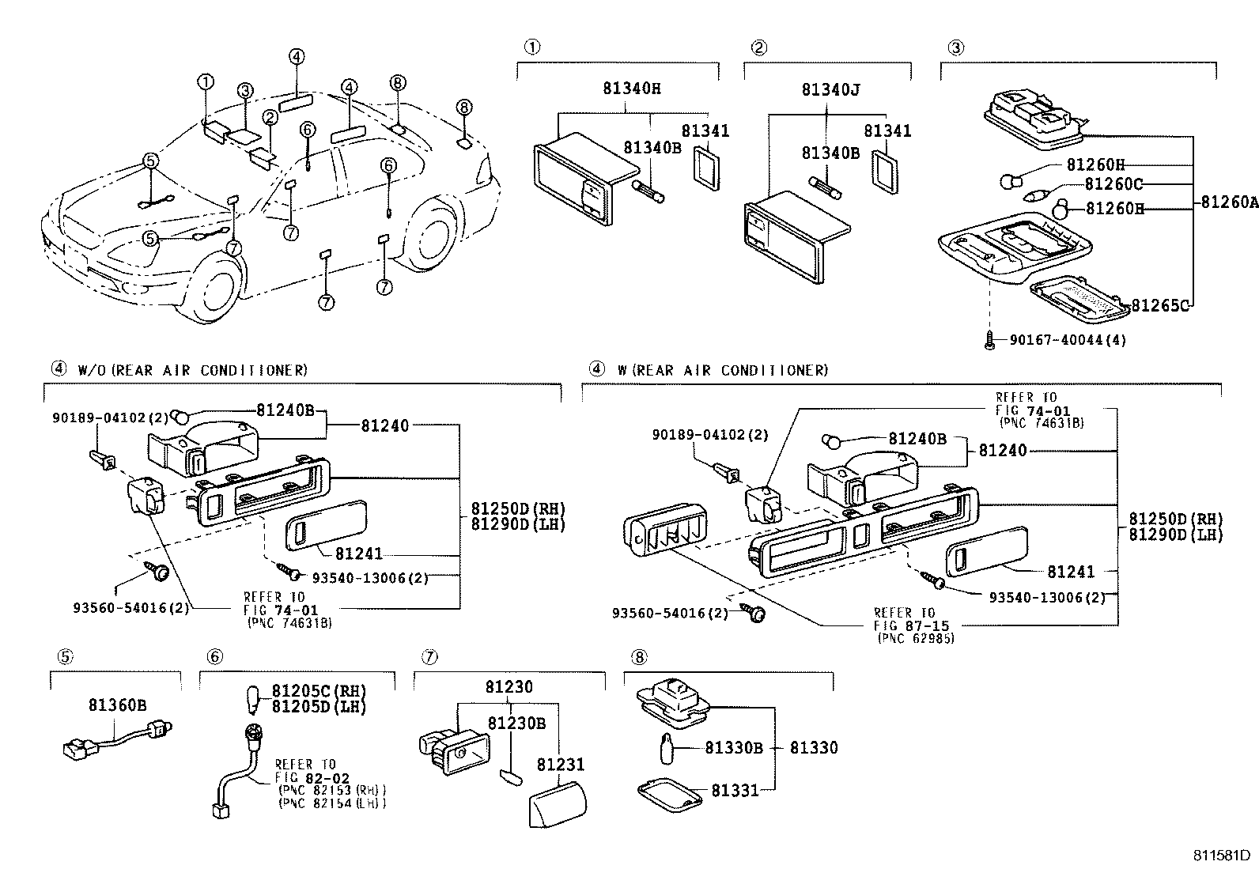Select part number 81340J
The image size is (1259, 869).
[x=830, y=90]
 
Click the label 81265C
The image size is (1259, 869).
[x=1159, y=305]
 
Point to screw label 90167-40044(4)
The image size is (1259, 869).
[x=1067, y=340]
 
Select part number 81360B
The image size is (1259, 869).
[x=117, y=705]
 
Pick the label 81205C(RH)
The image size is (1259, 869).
[x=319, y=692]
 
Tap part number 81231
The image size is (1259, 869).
[x=561, y=765]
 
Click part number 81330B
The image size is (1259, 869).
[x=733, y=747]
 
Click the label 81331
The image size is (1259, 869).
[x=734, y=789]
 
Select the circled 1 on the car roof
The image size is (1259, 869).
[x=206, y=81]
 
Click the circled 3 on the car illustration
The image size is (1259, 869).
[x=245, y=91]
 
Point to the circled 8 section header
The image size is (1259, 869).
[x=638, y=656]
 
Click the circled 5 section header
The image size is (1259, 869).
[x=66, y=656]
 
